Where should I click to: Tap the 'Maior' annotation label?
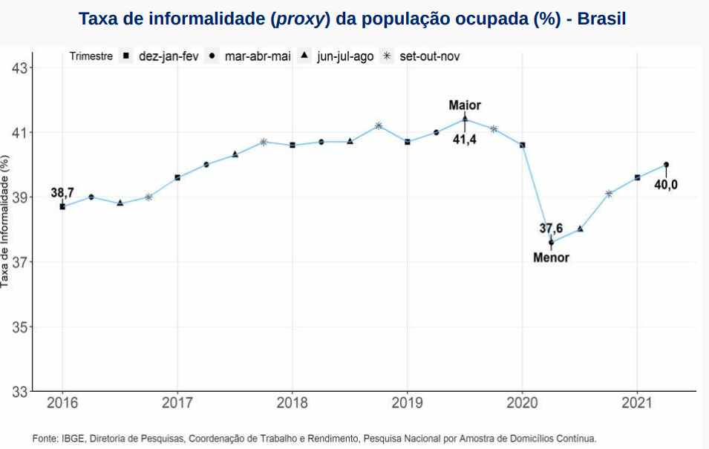click(465, 105)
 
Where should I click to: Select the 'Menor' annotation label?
click(552, 258)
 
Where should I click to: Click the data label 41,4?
click(465, 139)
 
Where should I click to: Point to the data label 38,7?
click(62, 193)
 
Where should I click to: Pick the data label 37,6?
click(552, 229)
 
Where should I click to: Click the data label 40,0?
click(666, 185)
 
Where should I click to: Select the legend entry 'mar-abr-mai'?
click(255, 56)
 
